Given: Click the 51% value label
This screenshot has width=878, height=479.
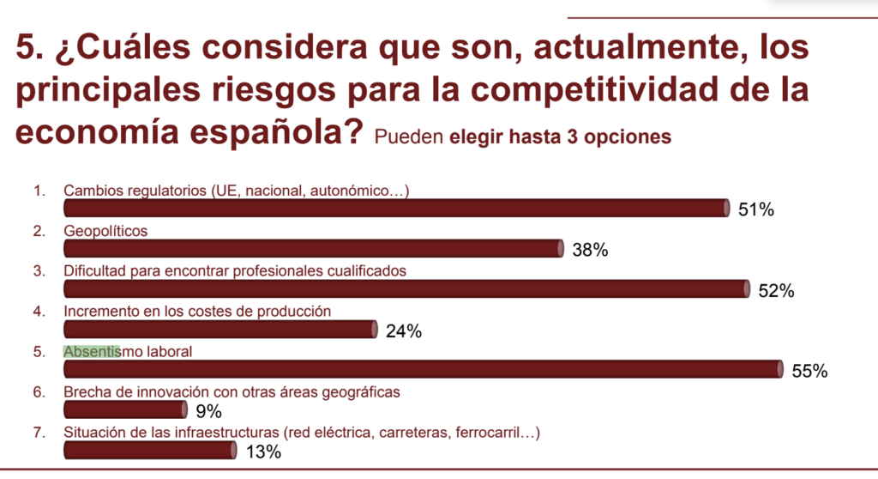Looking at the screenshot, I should click(x=756, y=209).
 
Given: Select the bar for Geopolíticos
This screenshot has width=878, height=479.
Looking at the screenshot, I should click(x=313, y=249).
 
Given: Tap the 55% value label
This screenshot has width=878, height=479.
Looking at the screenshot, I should click(x=809, y=371).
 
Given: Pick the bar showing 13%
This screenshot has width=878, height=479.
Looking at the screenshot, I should click(x=149, y=451).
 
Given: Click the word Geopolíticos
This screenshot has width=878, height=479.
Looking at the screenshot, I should click(x=105, y=231).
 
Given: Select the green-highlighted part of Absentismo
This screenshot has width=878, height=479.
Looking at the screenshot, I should click(x=92, y=351).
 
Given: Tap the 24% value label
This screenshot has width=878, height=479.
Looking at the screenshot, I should click(x=403, y=331).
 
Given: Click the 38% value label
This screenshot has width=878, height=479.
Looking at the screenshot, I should click(x=590, y=251).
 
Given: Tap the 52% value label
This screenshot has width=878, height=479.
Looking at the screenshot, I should click(x=776, y=291).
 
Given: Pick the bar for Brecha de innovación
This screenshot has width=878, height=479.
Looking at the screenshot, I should click(x=125, y=410).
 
